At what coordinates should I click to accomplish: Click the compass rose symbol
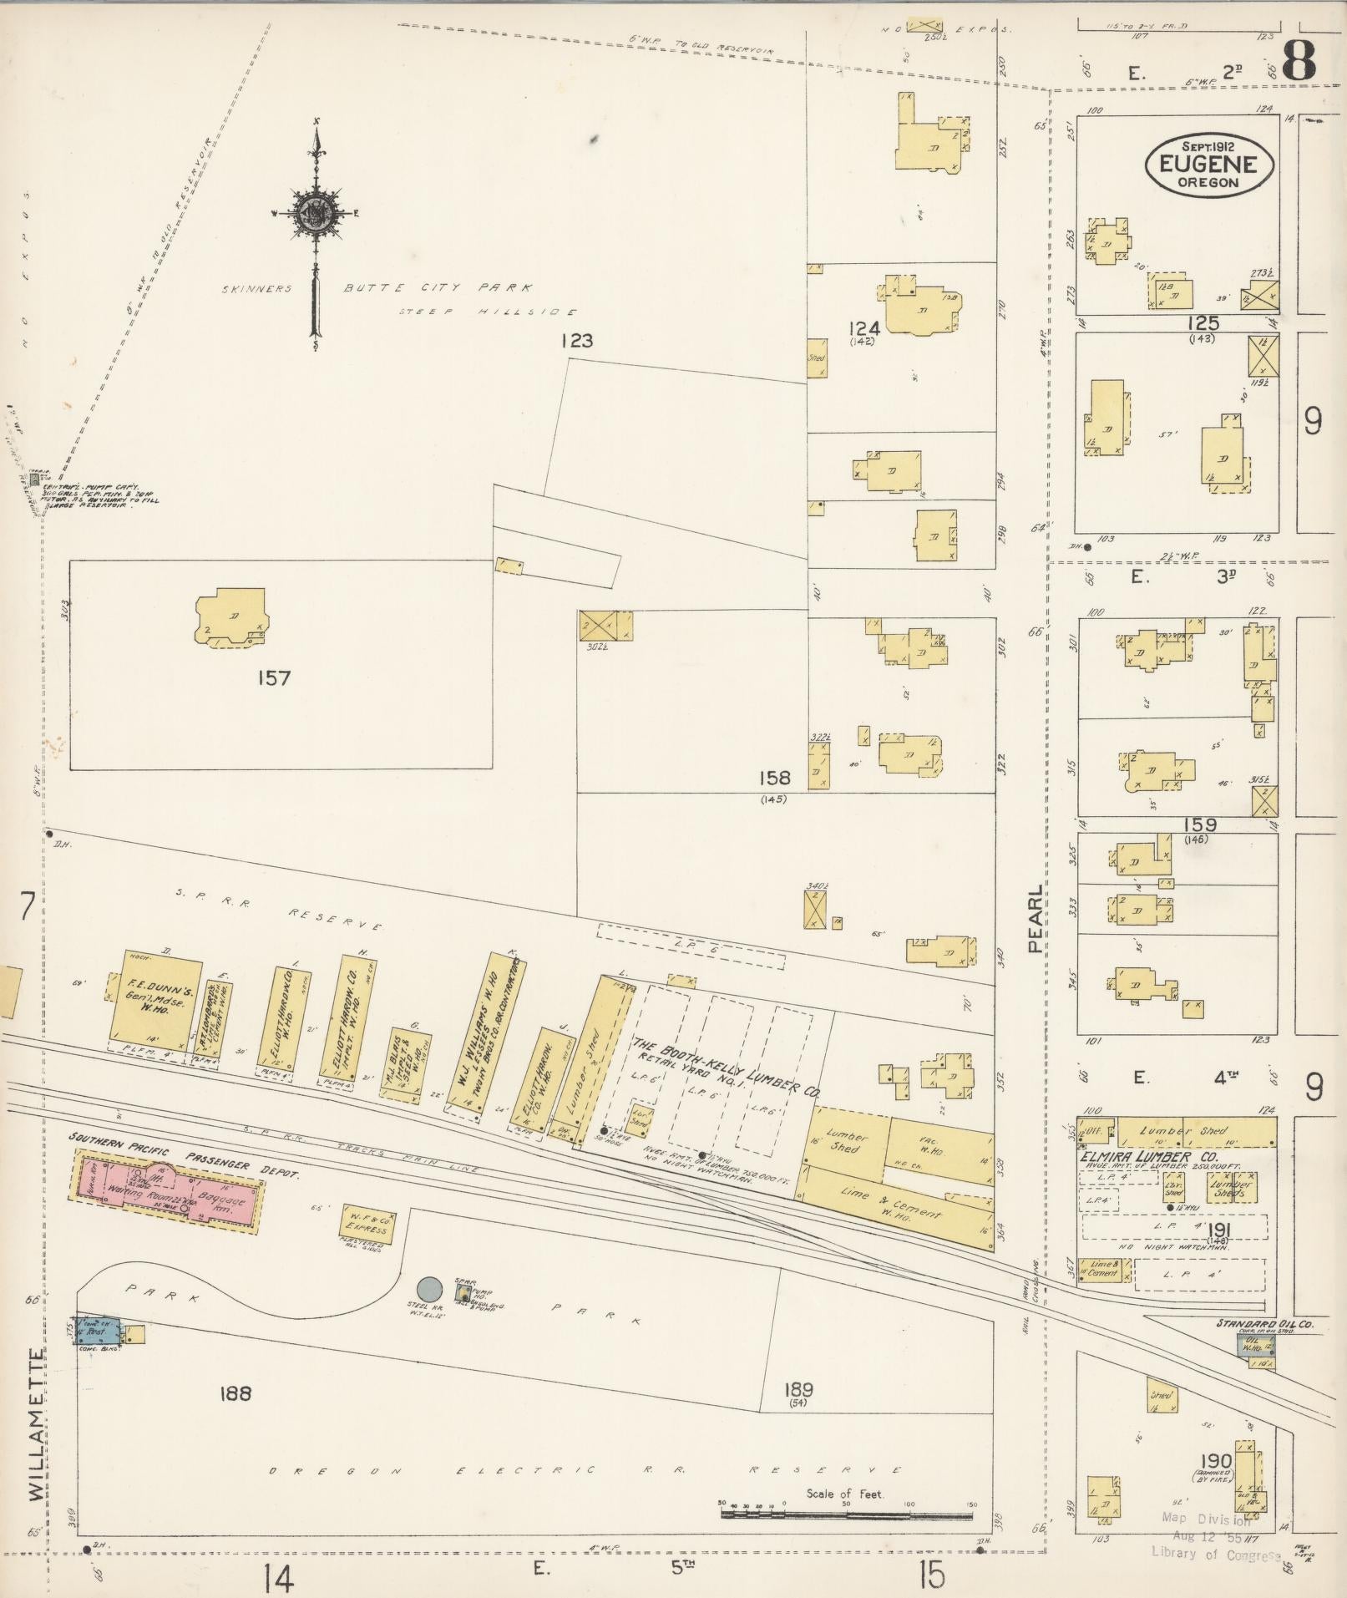[316, 214]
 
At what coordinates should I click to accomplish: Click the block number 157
[274, 678]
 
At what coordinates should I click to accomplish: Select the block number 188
[235, 1393]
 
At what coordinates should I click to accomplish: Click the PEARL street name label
[1036, 920]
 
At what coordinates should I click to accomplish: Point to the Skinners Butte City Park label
[377, 289]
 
